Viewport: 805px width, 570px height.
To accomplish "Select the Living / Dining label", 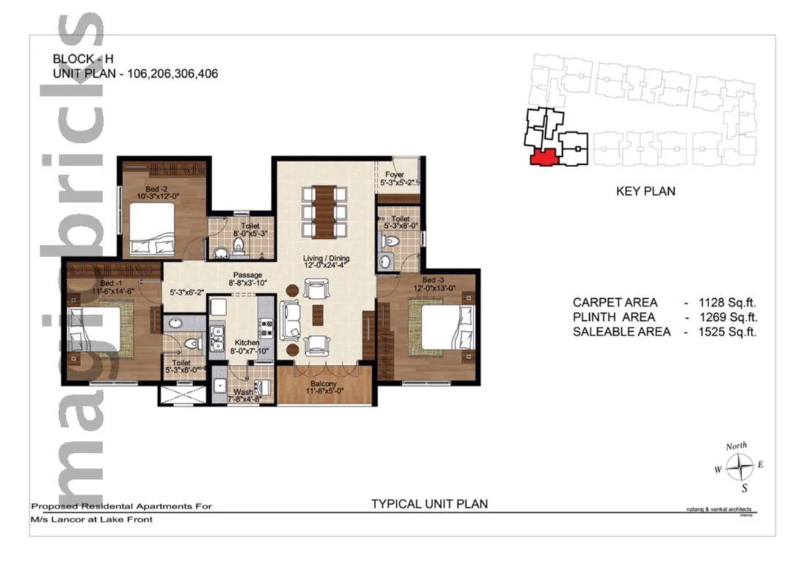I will (x=326, y=259).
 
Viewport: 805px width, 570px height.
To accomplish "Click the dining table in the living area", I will (x=326, y=211).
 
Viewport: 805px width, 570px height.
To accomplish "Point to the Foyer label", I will (x=395, y=174).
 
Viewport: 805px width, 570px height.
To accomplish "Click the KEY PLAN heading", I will (x=645, y=191).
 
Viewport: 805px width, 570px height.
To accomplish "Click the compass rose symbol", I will (x=741, y=466).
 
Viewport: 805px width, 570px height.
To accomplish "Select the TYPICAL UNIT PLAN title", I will (x=429, y=503).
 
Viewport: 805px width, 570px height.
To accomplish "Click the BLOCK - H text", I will (x=83, y=59).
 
